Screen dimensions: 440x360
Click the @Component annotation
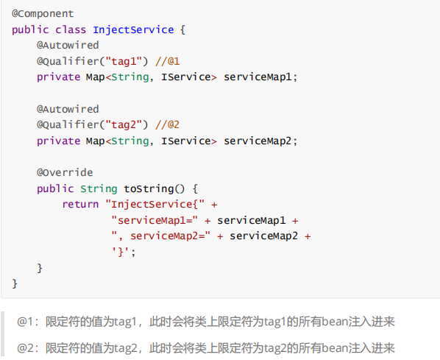pos(43,13)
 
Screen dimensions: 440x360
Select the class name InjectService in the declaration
pos(133,29)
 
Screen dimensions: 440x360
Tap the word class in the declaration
pos(71,29)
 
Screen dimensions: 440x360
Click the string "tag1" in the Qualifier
pos(124,61)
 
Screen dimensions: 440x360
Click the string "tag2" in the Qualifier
pos(124,124)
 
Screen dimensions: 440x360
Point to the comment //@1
pos(168,61)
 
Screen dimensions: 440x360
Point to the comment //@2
pos(168,124)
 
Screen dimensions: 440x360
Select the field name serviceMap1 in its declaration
pos(258,77)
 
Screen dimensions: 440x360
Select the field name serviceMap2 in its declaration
pos(258,141)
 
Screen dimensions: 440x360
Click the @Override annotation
pos(65,172)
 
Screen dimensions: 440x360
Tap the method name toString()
pos(155,188)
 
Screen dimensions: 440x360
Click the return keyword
pos(80,204)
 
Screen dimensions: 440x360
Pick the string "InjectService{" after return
pos(155,204)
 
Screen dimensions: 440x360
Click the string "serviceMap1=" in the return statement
pos(155,220)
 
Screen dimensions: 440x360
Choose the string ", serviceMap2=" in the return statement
pos(161,236)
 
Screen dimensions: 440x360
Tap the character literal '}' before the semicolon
pos(121,252)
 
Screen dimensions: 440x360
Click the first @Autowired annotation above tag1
pos(68,45)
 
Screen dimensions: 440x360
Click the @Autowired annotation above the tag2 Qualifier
pos(68,109)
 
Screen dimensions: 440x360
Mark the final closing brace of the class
pos(15,283)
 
